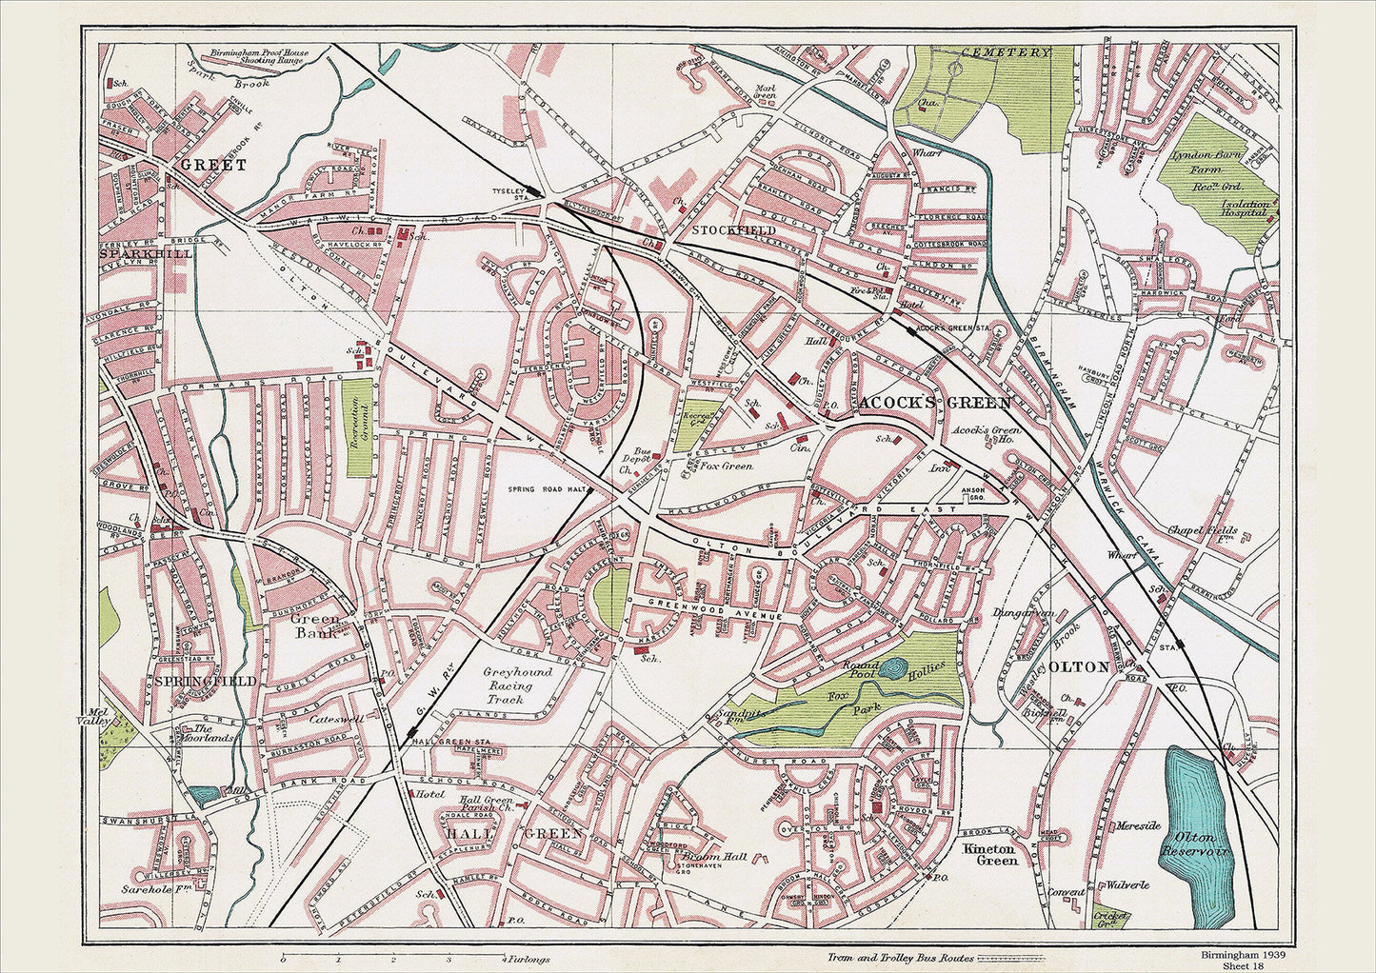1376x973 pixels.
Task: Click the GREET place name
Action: point(213,165)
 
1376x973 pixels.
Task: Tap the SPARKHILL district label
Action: point(146,254)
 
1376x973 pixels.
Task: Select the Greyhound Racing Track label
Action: point(517,685)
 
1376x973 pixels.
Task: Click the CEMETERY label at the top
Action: point(1005,53)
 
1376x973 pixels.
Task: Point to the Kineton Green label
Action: point(990,853)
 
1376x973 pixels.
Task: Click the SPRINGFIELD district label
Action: point(204,682)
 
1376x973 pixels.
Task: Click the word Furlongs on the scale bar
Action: point(529,959)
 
